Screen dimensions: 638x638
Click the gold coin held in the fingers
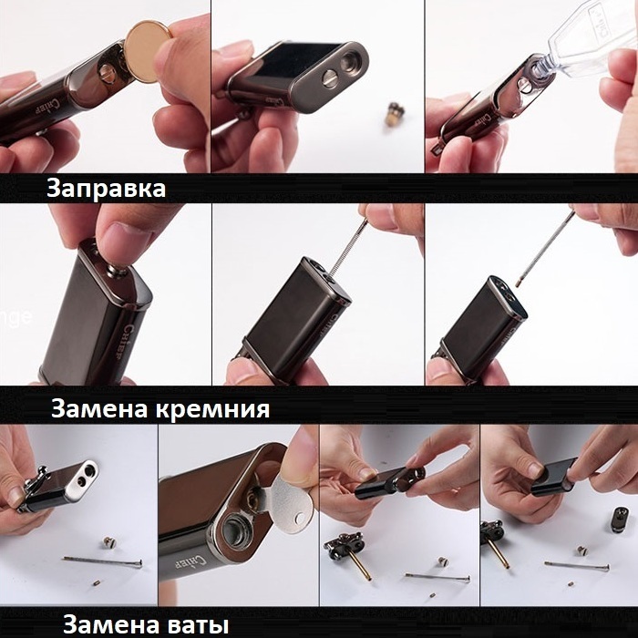pos(147,51)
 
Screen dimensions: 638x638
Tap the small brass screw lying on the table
pos(393,112)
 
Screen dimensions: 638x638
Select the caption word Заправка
pos(107,189)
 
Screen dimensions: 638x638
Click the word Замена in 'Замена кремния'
pos(98,408)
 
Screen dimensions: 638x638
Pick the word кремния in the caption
pos(212,409)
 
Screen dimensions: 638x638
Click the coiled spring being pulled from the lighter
pos(348,249)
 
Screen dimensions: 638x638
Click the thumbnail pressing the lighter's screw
pos(120,237)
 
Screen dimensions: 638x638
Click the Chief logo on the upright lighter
pos(129,341)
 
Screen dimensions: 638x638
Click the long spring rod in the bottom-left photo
pos(103,561)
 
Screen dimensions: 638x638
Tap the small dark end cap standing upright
pos(619,520)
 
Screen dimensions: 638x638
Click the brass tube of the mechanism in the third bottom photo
pos(360,563)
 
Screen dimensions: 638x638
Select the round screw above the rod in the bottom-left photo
pos(108,542)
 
